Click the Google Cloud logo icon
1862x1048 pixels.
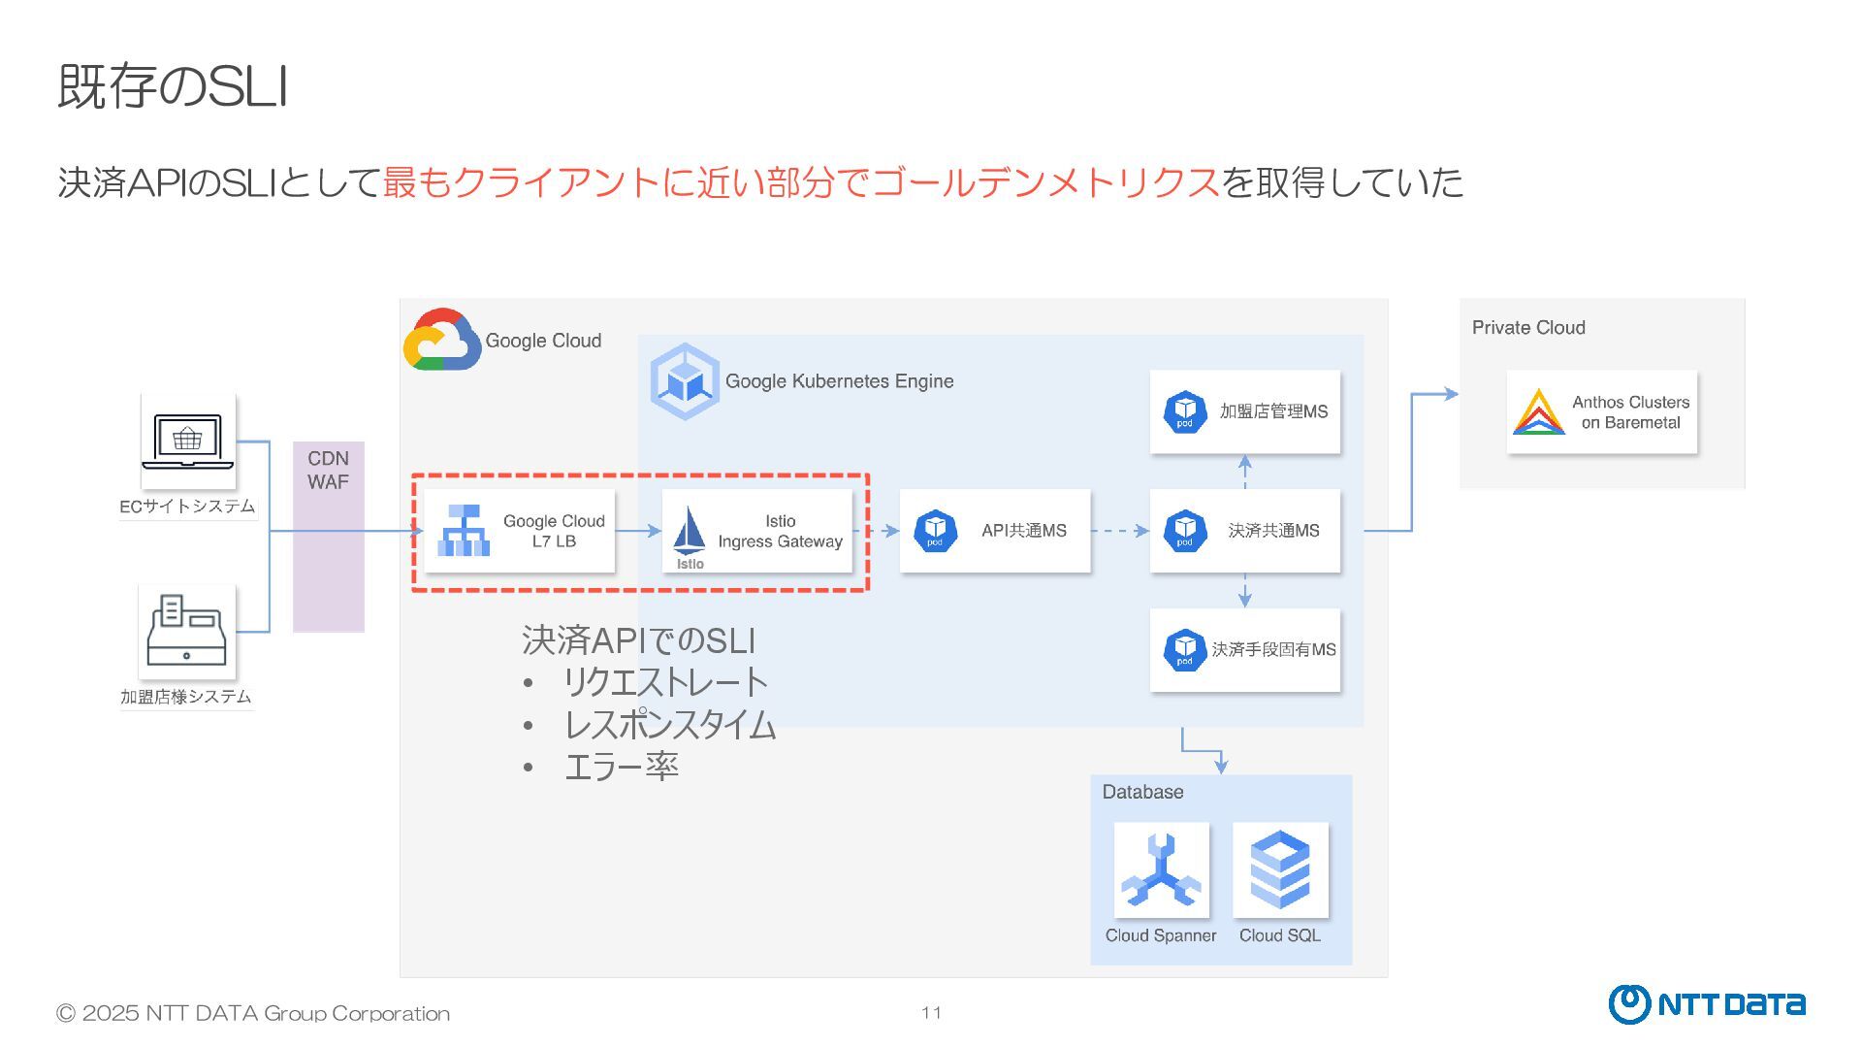tap(441, 341)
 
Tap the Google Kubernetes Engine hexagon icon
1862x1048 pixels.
tap(685, 381)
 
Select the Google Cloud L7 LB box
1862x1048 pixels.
tap(520, 531)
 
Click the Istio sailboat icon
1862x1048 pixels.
tap(690, 533)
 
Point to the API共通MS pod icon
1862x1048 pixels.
tap(935, 531)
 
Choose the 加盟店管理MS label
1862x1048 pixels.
tap(1273, 411)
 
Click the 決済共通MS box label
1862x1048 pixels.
tap(1273, 531)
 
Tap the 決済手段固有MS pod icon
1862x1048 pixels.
tap(1184, 650)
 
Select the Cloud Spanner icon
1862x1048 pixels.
tap(1161, 869)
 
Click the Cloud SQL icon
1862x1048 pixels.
tap(1280, 869)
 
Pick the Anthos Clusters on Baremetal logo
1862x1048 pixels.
tap(1539, 411)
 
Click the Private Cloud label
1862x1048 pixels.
tap(1528, 328)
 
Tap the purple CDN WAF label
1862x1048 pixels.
tap(328, 471)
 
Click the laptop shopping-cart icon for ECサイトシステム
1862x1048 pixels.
tap(187, 441)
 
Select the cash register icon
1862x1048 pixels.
tap(186, 631)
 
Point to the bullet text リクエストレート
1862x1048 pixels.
tap(665, 682)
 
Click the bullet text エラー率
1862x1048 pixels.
tap(621, 767)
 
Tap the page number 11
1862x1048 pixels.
tap(931, 1013)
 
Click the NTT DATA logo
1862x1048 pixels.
tap(1706, 1004)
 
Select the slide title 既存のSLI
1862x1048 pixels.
tap(173, 86)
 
